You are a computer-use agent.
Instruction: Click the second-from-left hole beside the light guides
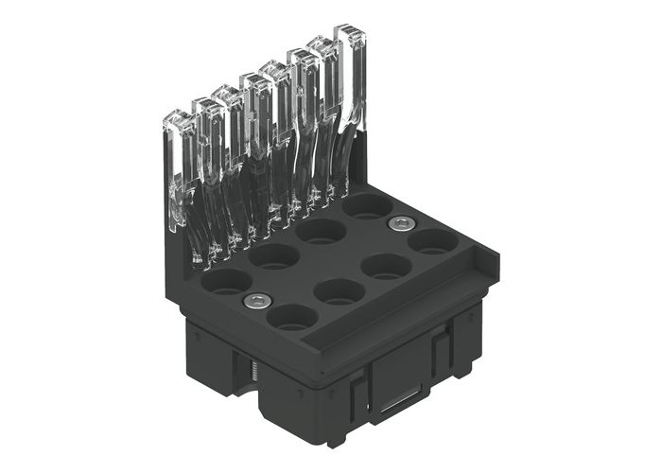click(x=274, y=255)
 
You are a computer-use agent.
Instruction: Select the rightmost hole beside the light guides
click(x=366, y=205)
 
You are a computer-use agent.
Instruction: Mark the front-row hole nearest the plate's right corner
click(x=432, y=240)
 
